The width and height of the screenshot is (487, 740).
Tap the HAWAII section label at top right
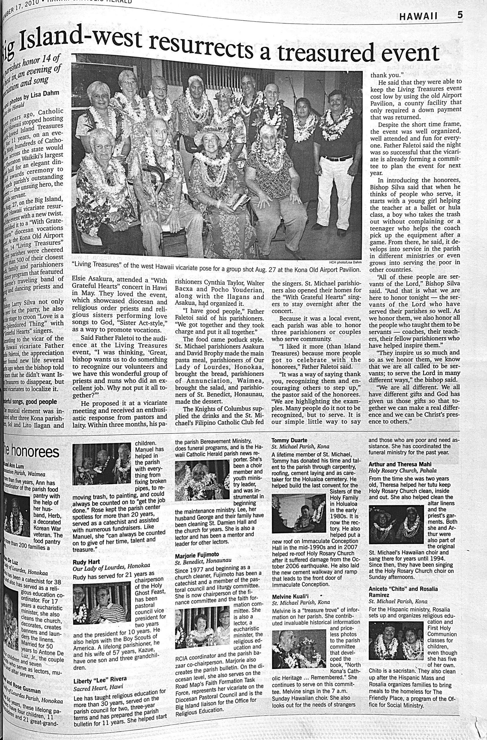point(418,16)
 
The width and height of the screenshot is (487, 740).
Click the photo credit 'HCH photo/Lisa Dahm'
point(346,262)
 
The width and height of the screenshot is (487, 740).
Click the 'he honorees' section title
point(31,452)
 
